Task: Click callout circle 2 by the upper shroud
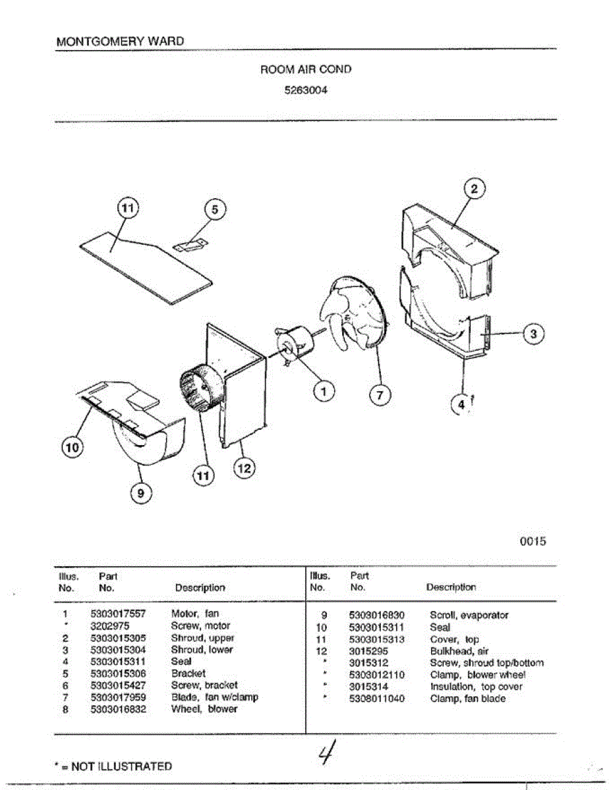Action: click(474, 188)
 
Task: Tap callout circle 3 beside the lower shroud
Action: click(533, 334)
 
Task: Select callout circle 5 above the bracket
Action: click(214, 209)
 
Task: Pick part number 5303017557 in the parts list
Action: click(118, 614)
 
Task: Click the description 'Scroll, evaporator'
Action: click(469, 615)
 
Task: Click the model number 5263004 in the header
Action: click(305, 92)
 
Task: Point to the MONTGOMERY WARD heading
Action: click(120, 41)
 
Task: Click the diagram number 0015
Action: click(533, 542)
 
